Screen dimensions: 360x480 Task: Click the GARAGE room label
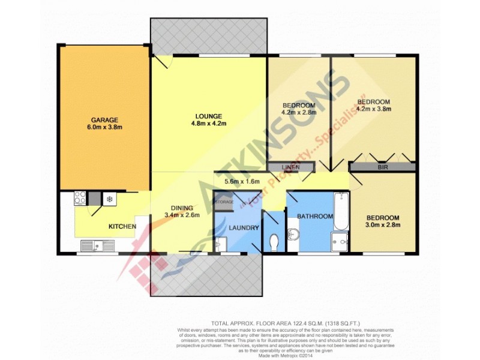(104, 119)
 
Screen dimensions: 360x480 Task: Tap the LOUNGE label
(209, 116)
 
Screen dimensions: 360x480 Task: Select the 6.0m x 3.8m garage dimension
(104, 128)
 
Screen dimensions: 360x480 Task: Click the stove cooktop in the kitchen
(80, 197)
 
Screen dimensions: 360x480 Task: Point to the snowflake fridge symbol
(110, 198)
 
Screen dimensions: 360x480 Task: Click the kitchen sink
(97, 245)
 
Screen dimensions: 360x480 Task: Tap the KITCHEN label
(122, 226)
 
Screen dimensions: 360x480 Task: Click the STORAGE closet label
(224, 202)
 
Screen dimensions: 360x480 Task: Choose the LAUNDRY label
(244, 228)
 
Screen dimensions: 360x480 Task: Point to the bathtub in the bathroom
(340, 211)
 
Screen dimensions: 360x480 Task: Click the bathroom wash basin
(293, 235)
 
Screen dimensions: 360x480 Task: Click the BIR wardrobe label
(382, 167)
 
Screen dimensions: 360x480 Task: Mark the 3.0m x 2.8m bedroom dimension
(382, 226)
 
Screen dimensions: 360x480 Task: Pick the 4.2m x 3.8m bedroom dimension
(374, 110)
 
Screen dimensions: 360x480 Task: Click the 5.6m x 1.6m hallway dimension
(241, 181)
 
